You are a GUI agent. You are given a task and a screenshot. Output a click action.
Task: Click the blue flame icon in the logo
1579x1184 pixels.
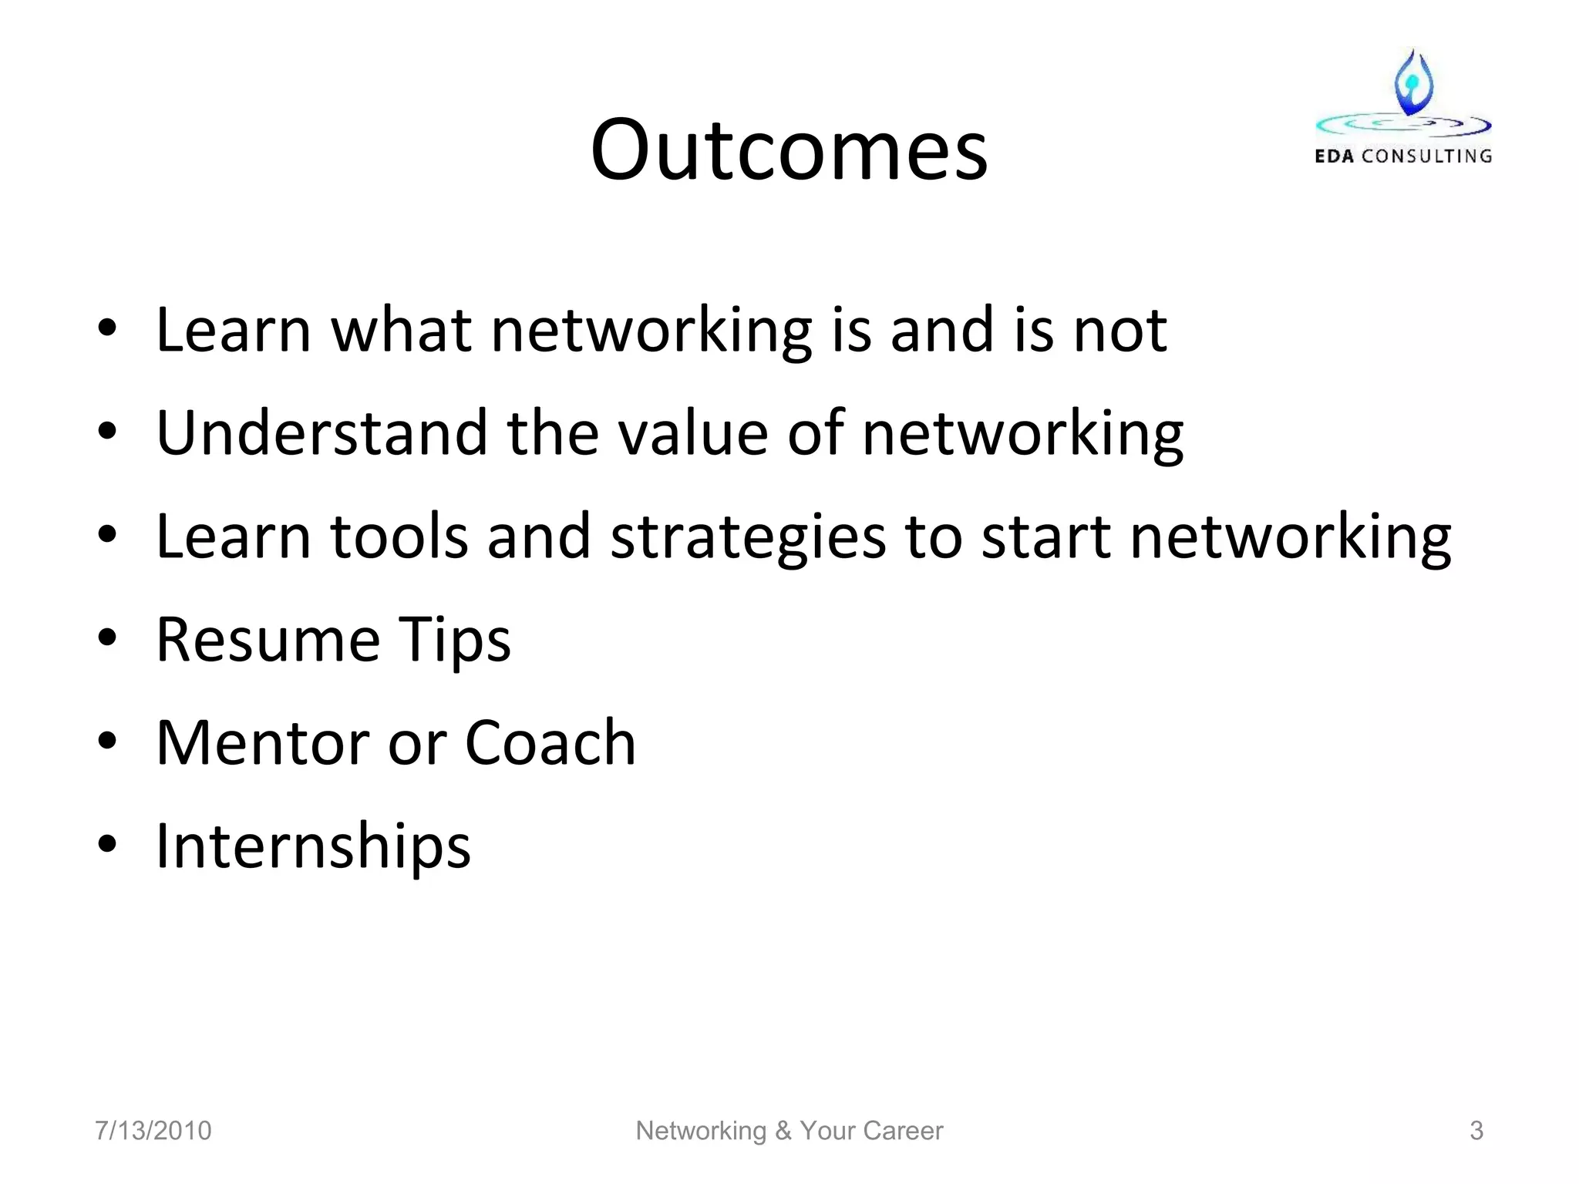click(1413, 83)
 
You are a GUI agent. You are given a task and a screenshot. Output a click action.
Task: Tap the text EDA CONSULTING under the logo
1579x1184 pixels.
click(1403, 156)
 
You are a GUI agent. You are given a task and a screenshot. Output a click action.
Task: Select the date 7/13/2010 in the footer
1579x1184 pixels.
click(153, 1130)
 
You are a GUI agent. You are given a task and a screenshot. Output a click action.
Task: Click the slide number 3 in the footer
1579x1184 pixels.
click(1476, 1130)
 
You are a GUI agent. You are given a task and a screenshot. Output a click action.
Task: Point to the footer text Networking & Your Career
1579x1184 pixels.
click(789, 1130)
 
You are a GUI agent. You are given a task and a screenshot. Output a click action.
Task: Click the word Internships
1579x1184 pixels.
click(313, 846)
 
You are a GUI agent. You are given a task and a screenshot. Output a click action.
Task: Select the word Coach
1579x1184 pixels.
click(550, 742)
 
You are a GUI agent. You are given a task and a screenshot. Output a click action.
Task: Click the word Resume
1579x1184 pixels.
click(268, 639)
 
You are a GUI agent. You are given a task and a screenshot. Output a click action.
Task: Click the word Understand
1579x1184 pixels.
click(322, 432)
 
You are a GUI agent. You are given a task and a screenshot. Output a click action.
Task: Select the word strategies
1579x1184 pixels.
click(748, 537)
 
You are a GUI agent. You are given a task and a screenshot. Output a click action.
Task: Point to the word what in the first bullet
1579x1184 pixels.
click(401, 330)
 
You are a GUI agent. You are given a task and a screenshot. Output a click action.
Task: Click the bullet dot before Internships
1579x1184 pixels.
click(107, 844)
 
